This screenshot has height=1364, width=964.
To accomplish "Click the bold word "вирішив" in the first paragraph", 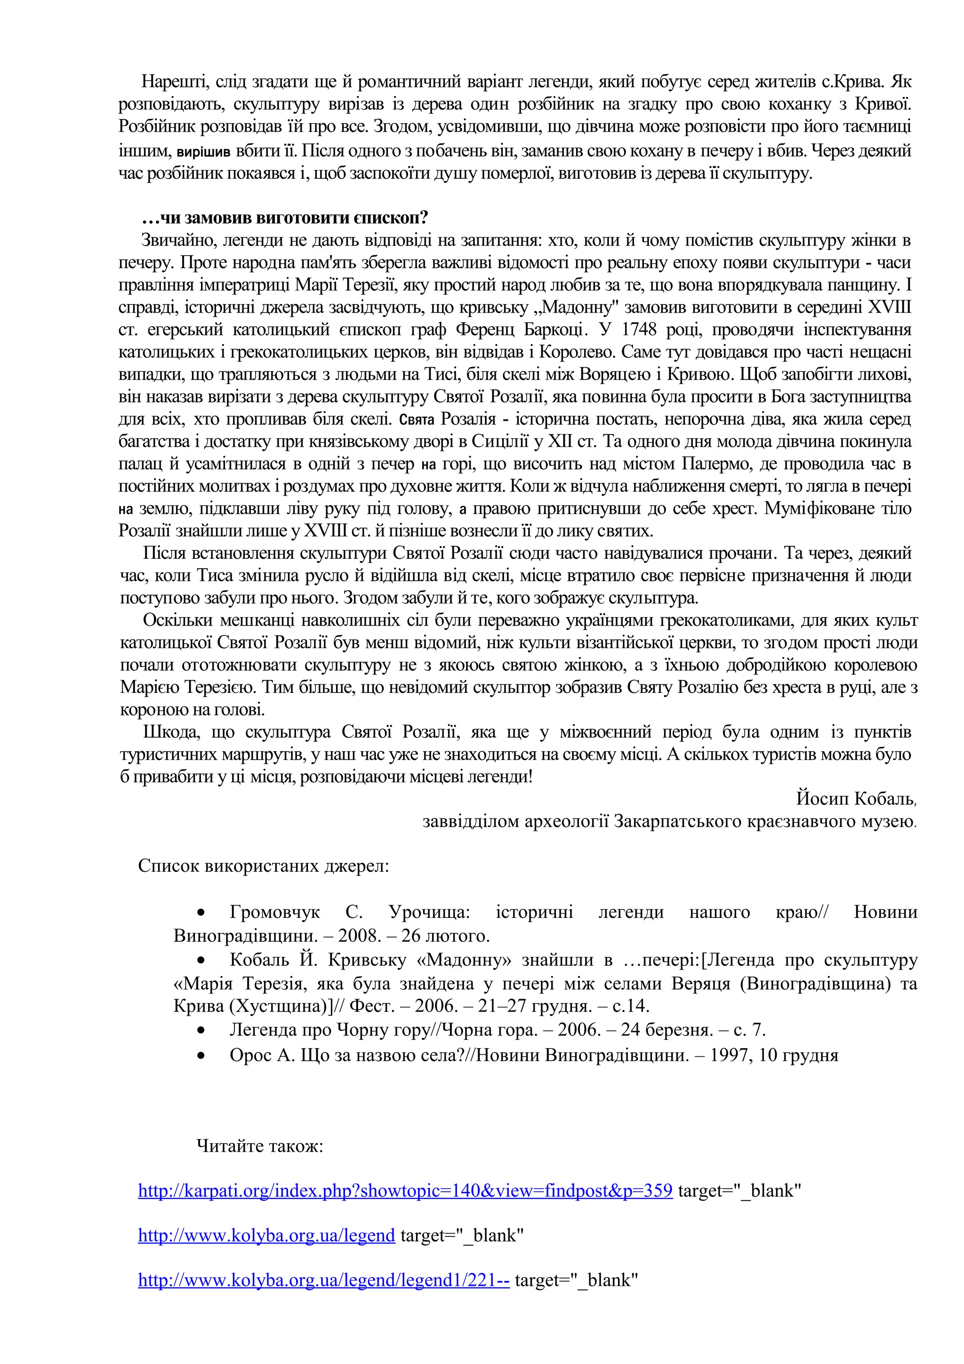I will coord(204,152).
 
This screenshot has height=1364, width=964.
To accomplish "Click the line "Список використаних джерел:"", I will coord(264,866).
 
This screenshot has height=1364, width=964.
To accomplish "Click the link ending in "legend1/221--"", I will coord(324,1280).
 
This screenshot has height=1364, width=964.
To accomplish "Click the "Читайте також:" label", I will coord(259,1146).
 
